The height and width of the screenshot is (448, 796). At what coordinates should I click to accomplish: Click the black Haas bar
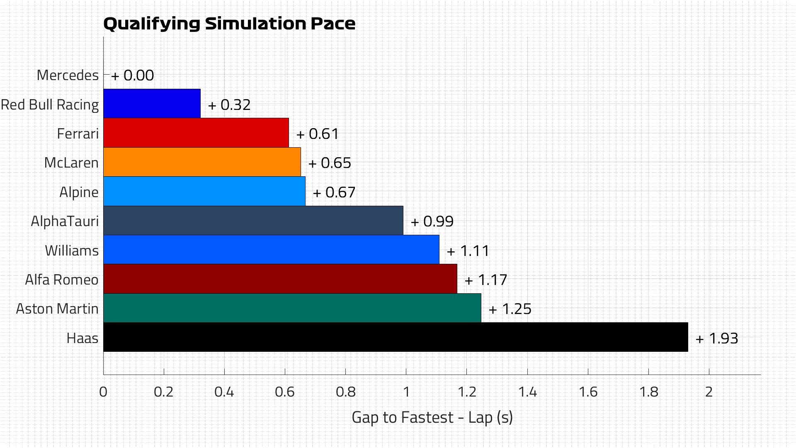pos(396,337)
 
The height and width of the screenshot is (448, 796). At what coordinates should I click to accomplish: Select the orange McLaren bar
pos(202,162)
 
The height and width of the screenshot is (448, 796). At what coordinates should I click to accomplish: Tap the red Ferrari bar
pos(196,133)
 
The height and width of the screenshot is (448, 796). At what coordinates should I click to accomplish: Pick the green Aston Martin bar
pos(292,308)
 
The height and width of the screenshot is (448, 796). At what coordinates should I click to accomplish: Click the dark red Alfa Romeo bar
pos(280,279)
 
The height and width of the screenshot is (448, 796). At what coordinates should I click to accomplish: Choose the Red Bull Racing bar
pos(152,104)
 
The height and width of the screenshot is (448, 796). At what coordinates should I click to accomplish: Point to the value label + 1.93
pos(717,338)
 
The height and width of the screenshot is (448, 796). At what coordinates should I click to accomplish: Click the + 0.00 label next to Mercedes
pos(133,75)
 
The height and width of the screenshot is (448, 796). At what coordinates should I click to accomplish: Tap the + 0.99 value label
pos(432,222)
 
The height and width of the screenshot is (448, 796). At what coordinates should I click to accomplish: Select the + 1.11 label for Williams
pos(468,251)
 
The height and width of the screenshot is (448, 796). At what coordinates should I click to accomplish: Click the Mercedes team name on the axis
pos(68,75)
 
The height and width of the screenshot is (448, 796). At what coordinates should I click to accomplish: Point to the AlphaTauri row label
pos(65,222)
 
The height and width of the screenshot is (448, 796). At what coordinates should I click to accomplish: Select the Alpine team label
pos(79,192)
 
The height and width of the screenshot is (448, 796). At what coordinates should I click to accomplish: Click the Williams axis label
pos(72,251)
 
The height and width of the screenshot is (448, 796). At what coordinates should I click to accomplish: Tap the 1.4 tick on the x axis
pos(527,392)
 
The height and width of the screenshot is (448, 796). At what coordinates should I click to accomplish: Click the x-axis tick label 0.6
pos(285,392)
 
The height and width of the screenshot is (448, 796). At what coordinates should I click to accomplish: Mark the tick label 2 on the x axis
pos(709,392)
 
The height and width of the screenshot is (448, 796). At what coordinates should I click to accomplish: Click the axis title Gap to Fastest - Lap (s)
pos(432,417)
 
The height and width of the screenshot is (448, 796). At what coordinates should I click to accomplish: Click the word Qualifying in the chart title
pos(152,24)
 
